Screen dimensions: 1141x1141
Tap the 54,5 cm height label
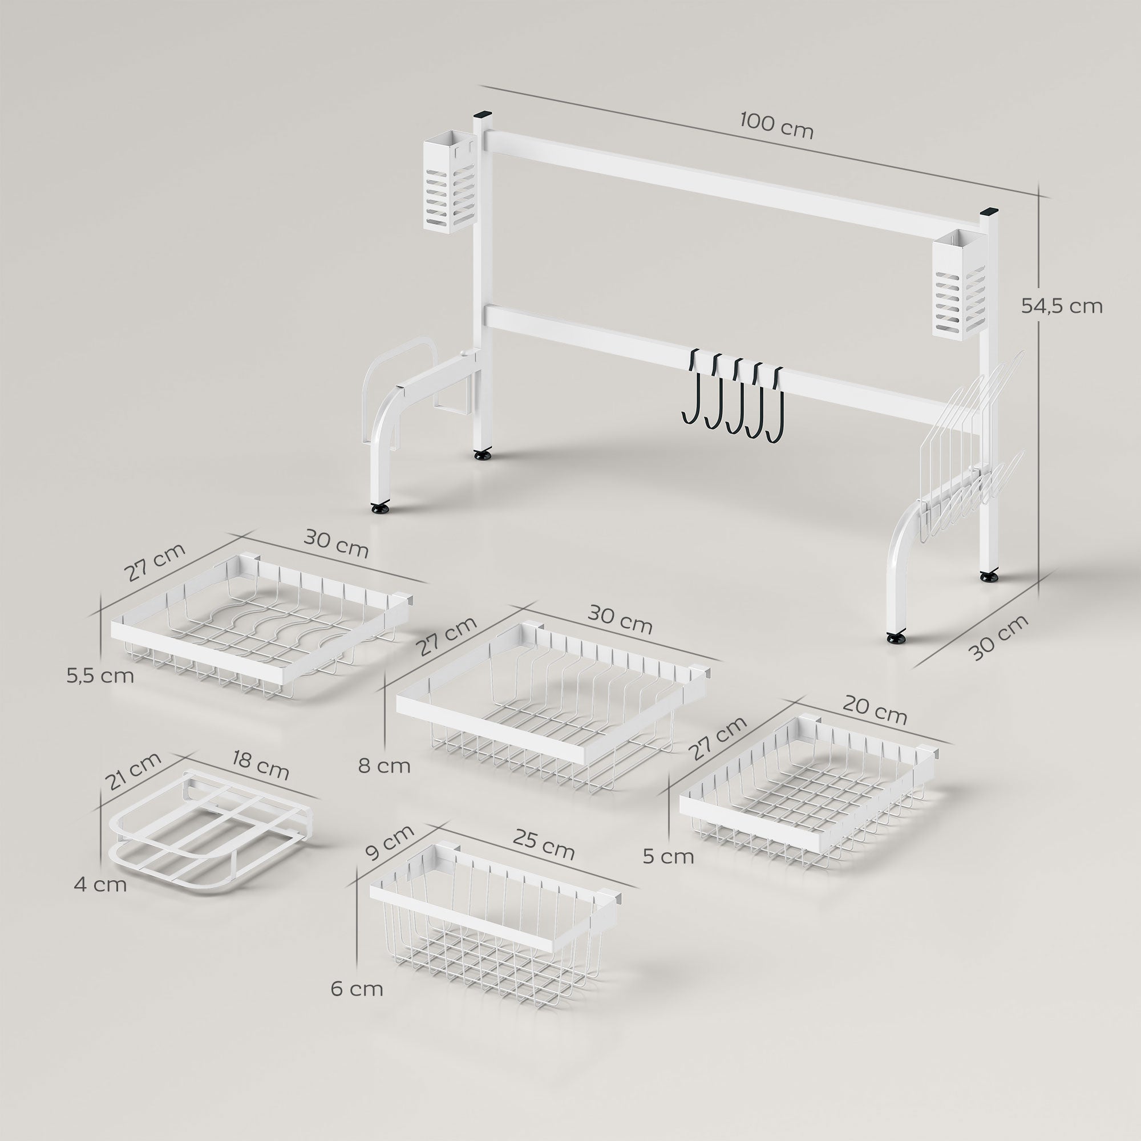[x=1062, y=306]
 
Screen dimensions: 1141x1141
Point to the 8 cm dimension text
[x=384, y=766]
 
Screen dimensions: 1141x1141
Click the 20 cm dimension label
[x=875, y=710]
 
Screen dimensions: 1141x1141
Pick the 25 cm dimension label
[x=543, y=844]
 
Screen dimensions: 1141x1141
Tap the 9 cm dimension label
[x=389, y=843]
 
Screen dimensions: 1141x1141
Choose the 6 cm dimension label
[x=357, y=989]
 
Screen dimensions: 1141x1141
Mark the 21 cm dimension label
[x=133, y=771]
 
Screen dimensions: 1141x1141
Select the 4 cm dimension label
[x=100, y=885]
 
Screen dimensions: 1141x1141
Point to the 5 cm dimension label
[x=668, y=856]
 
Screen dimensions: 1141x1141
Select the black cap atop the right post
[x=989, y=211]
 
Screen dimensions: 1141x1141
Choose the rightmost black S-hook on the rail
[x=775, y=405]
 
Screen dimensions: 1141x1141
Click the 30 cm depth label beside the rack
[x=999, y=637]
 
